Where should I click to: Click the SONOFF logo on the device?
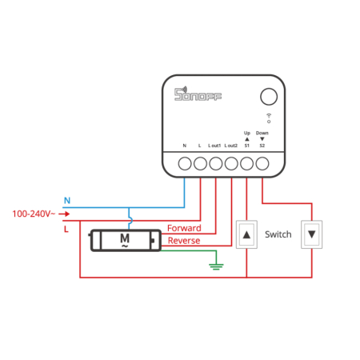tap(198, 94)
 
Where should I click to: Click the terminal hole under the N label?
tap(184, 163)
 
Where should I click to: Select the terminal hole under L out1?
tap(215, 163)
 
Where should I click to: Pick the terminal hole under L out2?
tap(231, 163)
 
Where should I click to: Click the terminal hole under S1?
tap(247, 163)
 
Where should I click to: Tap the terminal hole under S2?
tap(262, 163)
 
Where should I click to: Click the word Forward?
tap(184, 228)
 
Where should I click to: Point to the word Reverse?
tap(184, 240)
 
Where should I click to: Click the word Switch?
tap(278, 234)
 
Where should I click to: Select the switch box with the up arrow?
tap(247, 234)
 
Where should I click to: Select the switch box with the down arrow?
tap(312, 234)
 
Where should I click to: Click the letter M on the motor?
tap(124, 238)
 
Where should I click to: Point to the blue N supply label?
tap(67, 200)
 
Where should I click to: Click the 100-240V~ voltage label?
tap(33, 214)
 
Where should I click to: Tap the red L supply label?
tap(66, 230)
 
